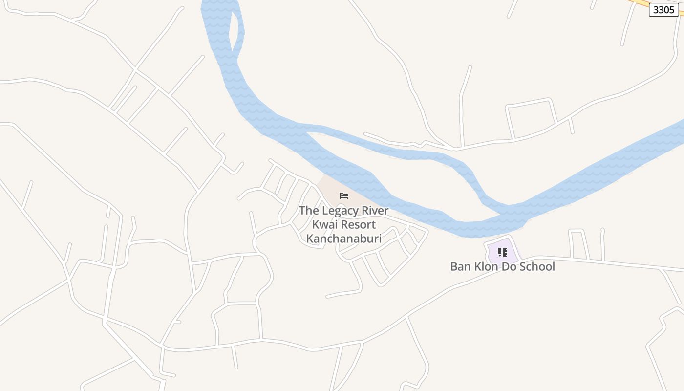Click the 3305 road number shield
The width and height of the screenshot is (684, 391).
pos(663,10)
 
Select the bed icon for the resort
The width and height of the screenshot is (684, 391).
pos(344,196)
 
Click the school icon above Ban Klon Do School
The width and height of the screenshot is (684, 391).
pos(502,252)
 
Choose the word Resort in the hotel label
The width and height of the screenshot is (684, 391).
pos(358,225)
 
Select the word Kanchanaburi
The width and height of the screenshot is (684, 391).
pos(343,239)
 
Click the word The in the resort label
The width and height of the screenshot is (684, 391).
pos(308,211)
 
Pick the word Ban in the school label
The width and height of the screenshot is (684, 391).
pos(460,267)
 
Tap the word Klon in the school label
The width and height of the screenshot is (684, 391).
pos(486,267)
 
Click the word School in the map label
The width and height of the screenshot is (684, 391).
pos(537,267)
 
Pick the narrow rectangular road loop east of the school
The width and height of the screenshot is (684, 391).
pos(578,244)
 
